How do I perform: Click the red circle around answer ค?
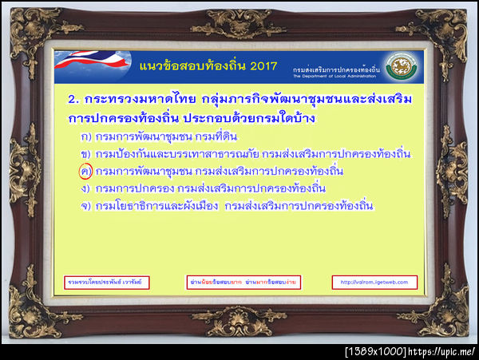[x=86, y=172]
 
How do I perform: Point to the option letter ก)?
[x=85, y=136]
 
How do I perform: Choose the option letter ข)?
[x=85, y=154]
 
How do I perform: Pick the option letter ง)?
[x=85, y=189]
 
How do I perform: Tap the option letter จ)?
[x=85, y=207]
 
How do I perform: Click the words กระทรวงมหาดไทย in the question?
[x=138, y=103]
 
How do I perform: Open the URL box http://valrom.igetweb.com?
[x=374, y=283]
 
